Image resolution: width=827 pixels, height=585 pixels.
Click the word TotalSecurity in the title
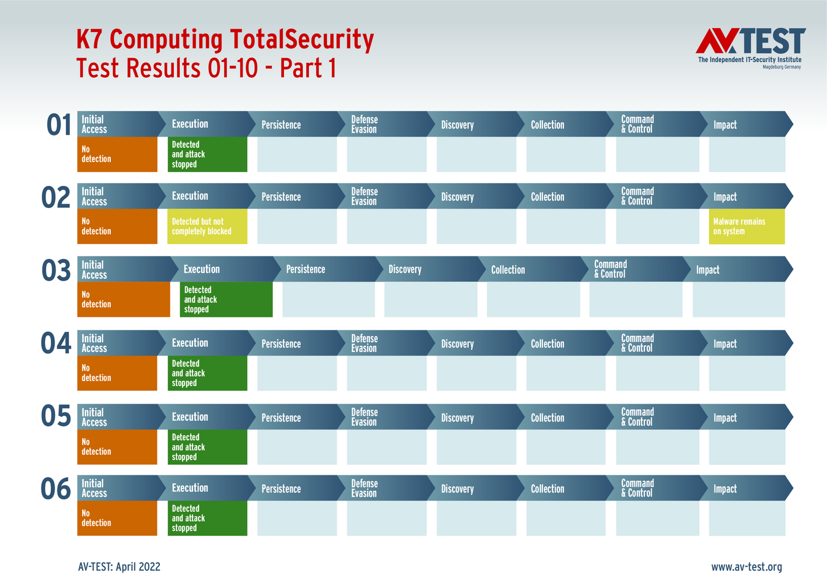click(x=302, y=40)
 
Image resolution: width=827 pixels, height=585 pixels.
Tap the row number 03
click(x=56, y=271)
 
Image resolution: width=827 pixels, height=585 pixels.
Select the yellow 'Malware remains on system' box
click(x=747, y=226)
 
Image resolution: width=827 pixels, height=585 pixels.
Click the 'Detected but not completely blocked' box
click(x=207, y=226)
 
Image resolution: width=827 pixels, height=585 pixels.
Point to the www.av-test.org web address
click(x=747, y=567)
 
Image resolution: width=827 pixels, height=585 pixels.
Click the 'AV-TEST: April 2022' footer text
click(x=119, y=567)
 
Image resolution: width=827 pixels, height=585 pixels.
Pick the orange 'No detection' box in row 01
click(x=117, y=154)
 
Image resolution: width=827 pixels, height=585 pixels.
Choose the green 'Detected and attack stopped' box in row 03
click(x=226, y=299)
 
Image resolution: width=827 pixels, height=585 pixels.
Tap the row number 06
click(x=56, y=489)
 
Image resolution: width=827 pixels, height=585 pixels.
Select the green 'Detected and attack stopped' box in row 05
click(x=207, y=447)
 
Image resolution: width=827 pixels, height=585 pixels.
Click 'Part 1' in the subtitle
click(x=308, y=68)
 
